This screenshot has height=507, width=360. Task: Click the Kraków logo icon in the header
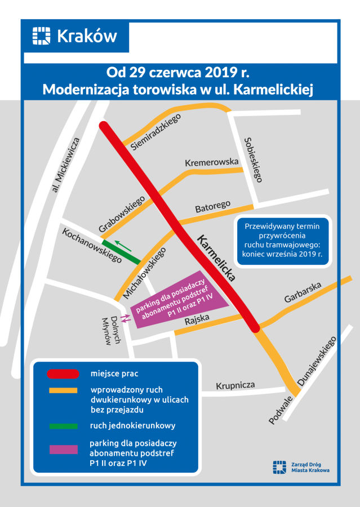[x=42, y=37]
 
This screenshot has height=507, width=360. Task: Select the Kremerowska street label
[x=212, y=162]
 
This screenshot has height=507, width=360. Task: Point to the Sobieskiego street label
[x=254, y=159]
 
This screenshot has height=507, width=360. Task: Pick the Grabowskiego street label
[x=122, y=214]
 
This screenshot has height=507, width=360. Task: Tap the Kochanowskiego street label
[x=92, y=245]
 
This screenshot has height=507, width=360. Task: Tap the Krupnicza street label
[x=235, y=385]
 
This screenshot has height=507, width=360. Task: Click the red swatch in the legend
[x=63, y=373]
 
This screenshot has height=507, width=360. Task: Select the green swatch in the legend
[x=63, y=426]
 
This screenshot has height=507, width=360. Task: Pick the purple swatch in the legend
[x=63, y=449]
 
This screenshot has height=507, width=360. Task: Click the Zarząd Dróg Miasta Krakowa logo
[x=301, y=467]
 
